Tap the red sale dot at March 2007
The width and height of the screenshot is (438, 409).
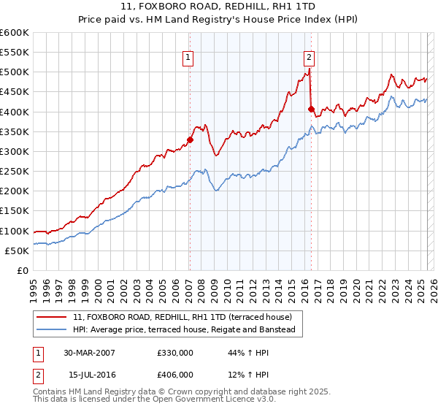pyautogui.click(x=190, y=139)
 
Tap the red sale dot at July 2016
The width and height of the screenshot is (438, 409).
pyautogui.click(x=311, y=110)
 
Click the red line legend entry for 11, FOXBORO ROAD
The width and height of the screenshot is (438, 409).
pyautogui.click(x=182, y=317)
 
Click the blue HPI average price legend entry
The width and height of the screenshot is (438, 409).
pyautogui.click(x=183, y=330)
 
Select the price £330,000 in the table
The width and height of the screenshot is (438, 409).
pyautogui.click(x=174, y=353)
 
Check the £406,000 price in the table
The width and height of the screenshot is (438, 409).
pyautogui.click(x=174, y=374)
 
